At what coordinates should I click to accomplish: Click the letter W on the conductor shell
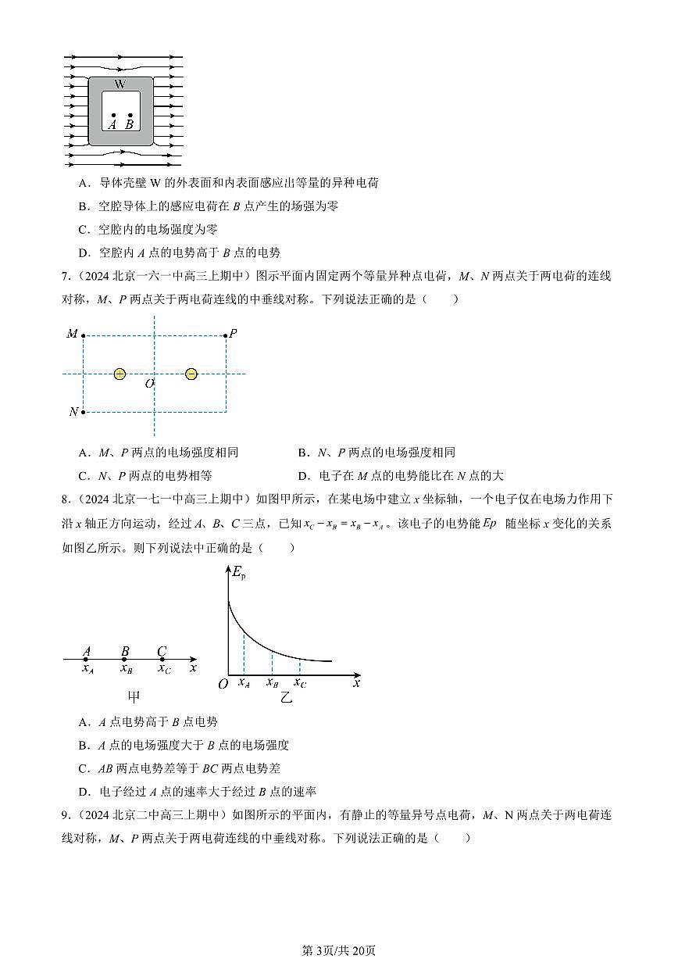point(120,84)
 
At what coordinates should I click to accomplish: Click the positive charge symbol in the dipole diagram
point(120,374)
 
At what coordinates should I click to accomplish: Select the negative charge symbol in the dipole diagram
point(191,374)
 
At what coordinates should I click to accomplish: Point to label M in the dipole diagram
point(72,335)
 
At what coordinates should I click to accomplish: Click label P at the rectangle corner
point(233,334)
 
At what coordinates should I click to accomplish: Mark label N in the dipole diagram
point(73,412)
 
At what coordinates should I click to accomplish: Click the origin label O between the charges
point(149,384)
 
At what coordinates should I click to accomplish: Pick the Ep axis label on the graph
point(239,572)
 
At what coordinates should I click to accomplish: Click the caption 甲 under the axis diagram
point(134,696)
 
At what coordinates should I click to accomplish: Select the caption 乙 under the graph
point(286,696)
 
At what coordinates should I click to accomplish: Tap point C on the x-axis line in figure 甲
point(162,660)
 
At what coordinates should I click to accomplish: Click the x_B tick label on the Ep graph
point(272,682)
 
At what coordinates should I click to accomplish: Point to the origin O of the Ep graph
point(223,685)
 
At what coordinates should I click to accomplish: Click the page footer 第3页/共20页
point(339,950)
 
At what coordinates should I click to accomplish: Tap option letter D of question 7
point(303,475)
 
